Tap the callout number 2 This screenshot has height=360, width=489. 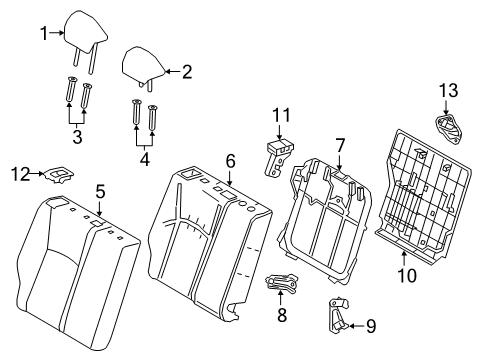185,71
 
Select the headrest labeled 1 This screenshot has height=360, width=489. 80,32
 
